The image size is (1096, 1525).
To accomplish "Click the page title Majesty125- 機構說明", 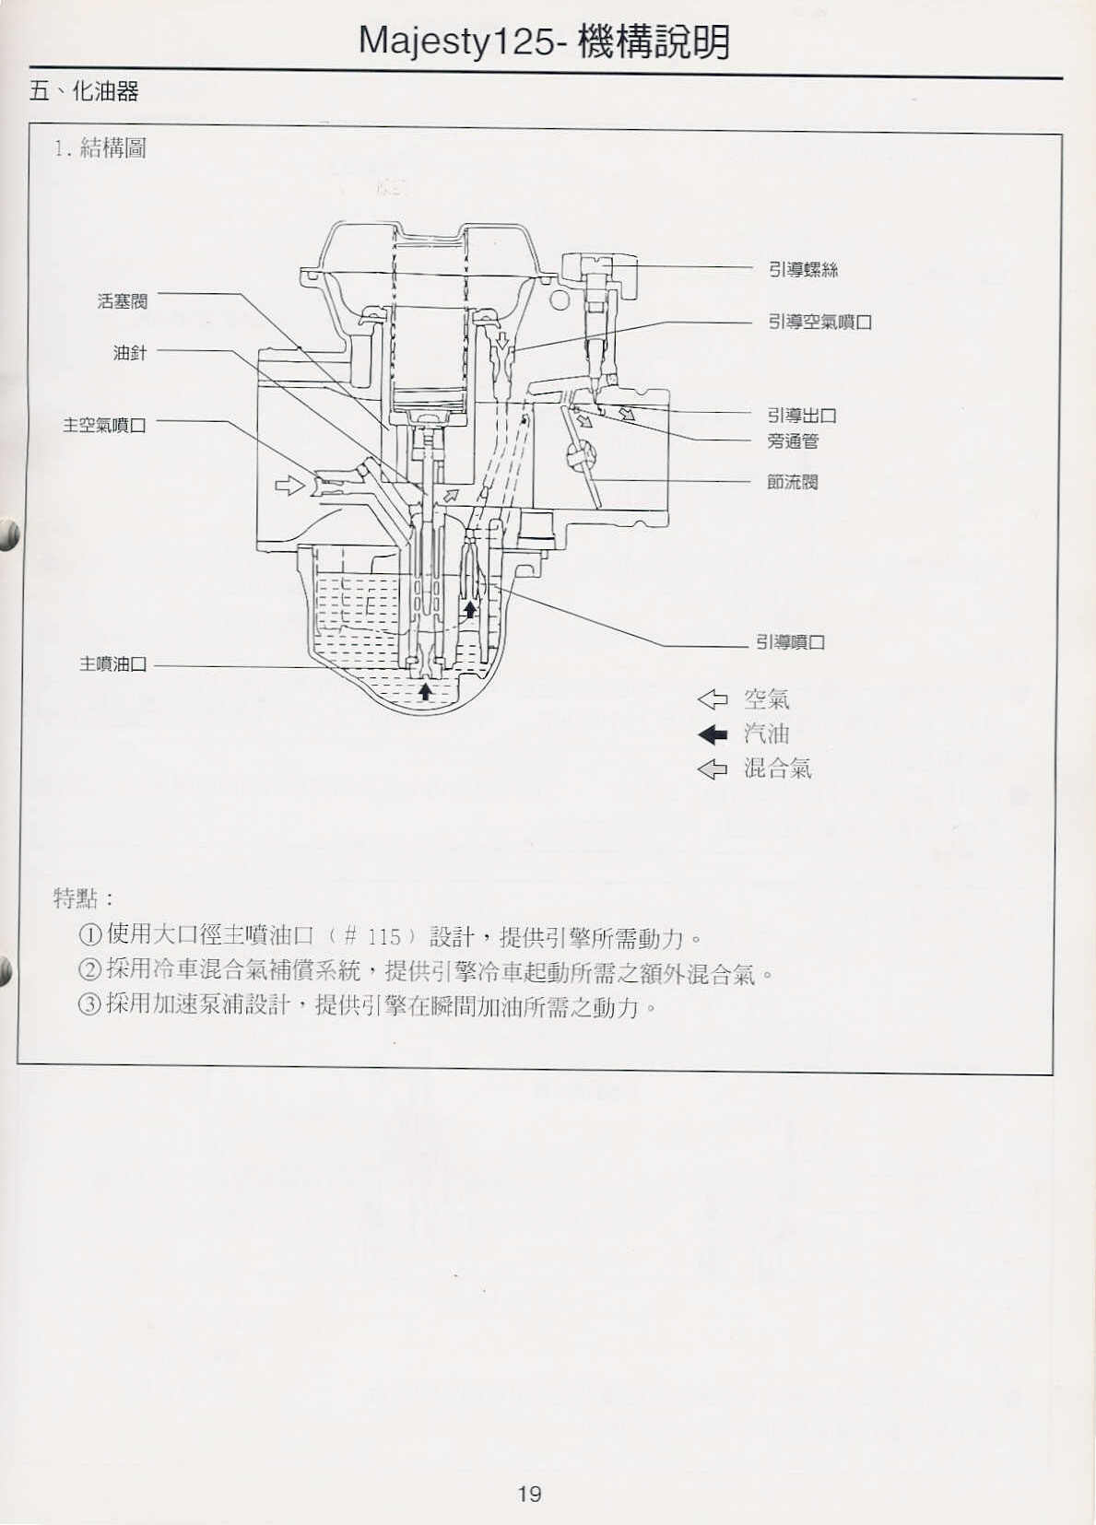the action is [544, 42].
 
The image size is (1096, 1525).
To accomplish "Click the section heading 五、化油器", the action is [84, 91].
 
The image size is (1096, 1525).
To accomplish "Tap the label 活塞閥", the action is [123, 301].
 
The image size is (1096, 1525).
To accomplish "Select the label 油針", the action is [130, 353].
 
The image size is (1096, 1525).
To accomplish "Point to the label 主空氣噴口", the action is [105, 426].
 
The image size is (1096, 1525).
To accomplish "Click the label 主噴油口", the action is [113, 663].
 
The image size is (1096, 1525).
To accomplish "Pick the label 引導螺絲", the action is [803, 270].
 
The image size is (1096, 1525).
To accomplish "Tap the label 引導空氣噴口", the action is [820, 322].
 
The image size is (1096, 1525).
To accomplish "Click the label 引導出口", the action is [802, 416].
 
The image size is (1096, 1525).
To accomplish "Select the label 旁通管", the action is [793, 441].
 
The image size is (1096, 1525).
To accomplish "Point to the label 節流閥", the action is [793, 483].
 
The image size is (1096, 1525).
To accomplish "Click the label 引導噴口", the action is [791, 642].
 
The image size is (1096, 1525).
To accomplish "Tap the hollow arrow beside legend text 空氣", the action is [713, 699].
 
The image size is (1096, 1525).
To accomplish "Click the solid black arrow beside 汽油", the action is [713, 733].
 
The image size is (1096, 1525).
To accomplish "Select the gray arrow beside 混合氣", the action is [713, 769].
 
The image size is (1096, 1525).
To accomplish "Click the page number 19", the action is [529, 1495].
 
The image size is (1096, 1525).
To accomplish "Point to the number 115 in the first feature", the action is [384, 937].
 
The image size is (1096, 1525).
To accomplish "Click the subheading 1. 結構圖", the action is [100, 147].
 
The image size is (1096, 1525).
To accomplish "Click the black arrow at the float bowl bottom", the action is [426, 692].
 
